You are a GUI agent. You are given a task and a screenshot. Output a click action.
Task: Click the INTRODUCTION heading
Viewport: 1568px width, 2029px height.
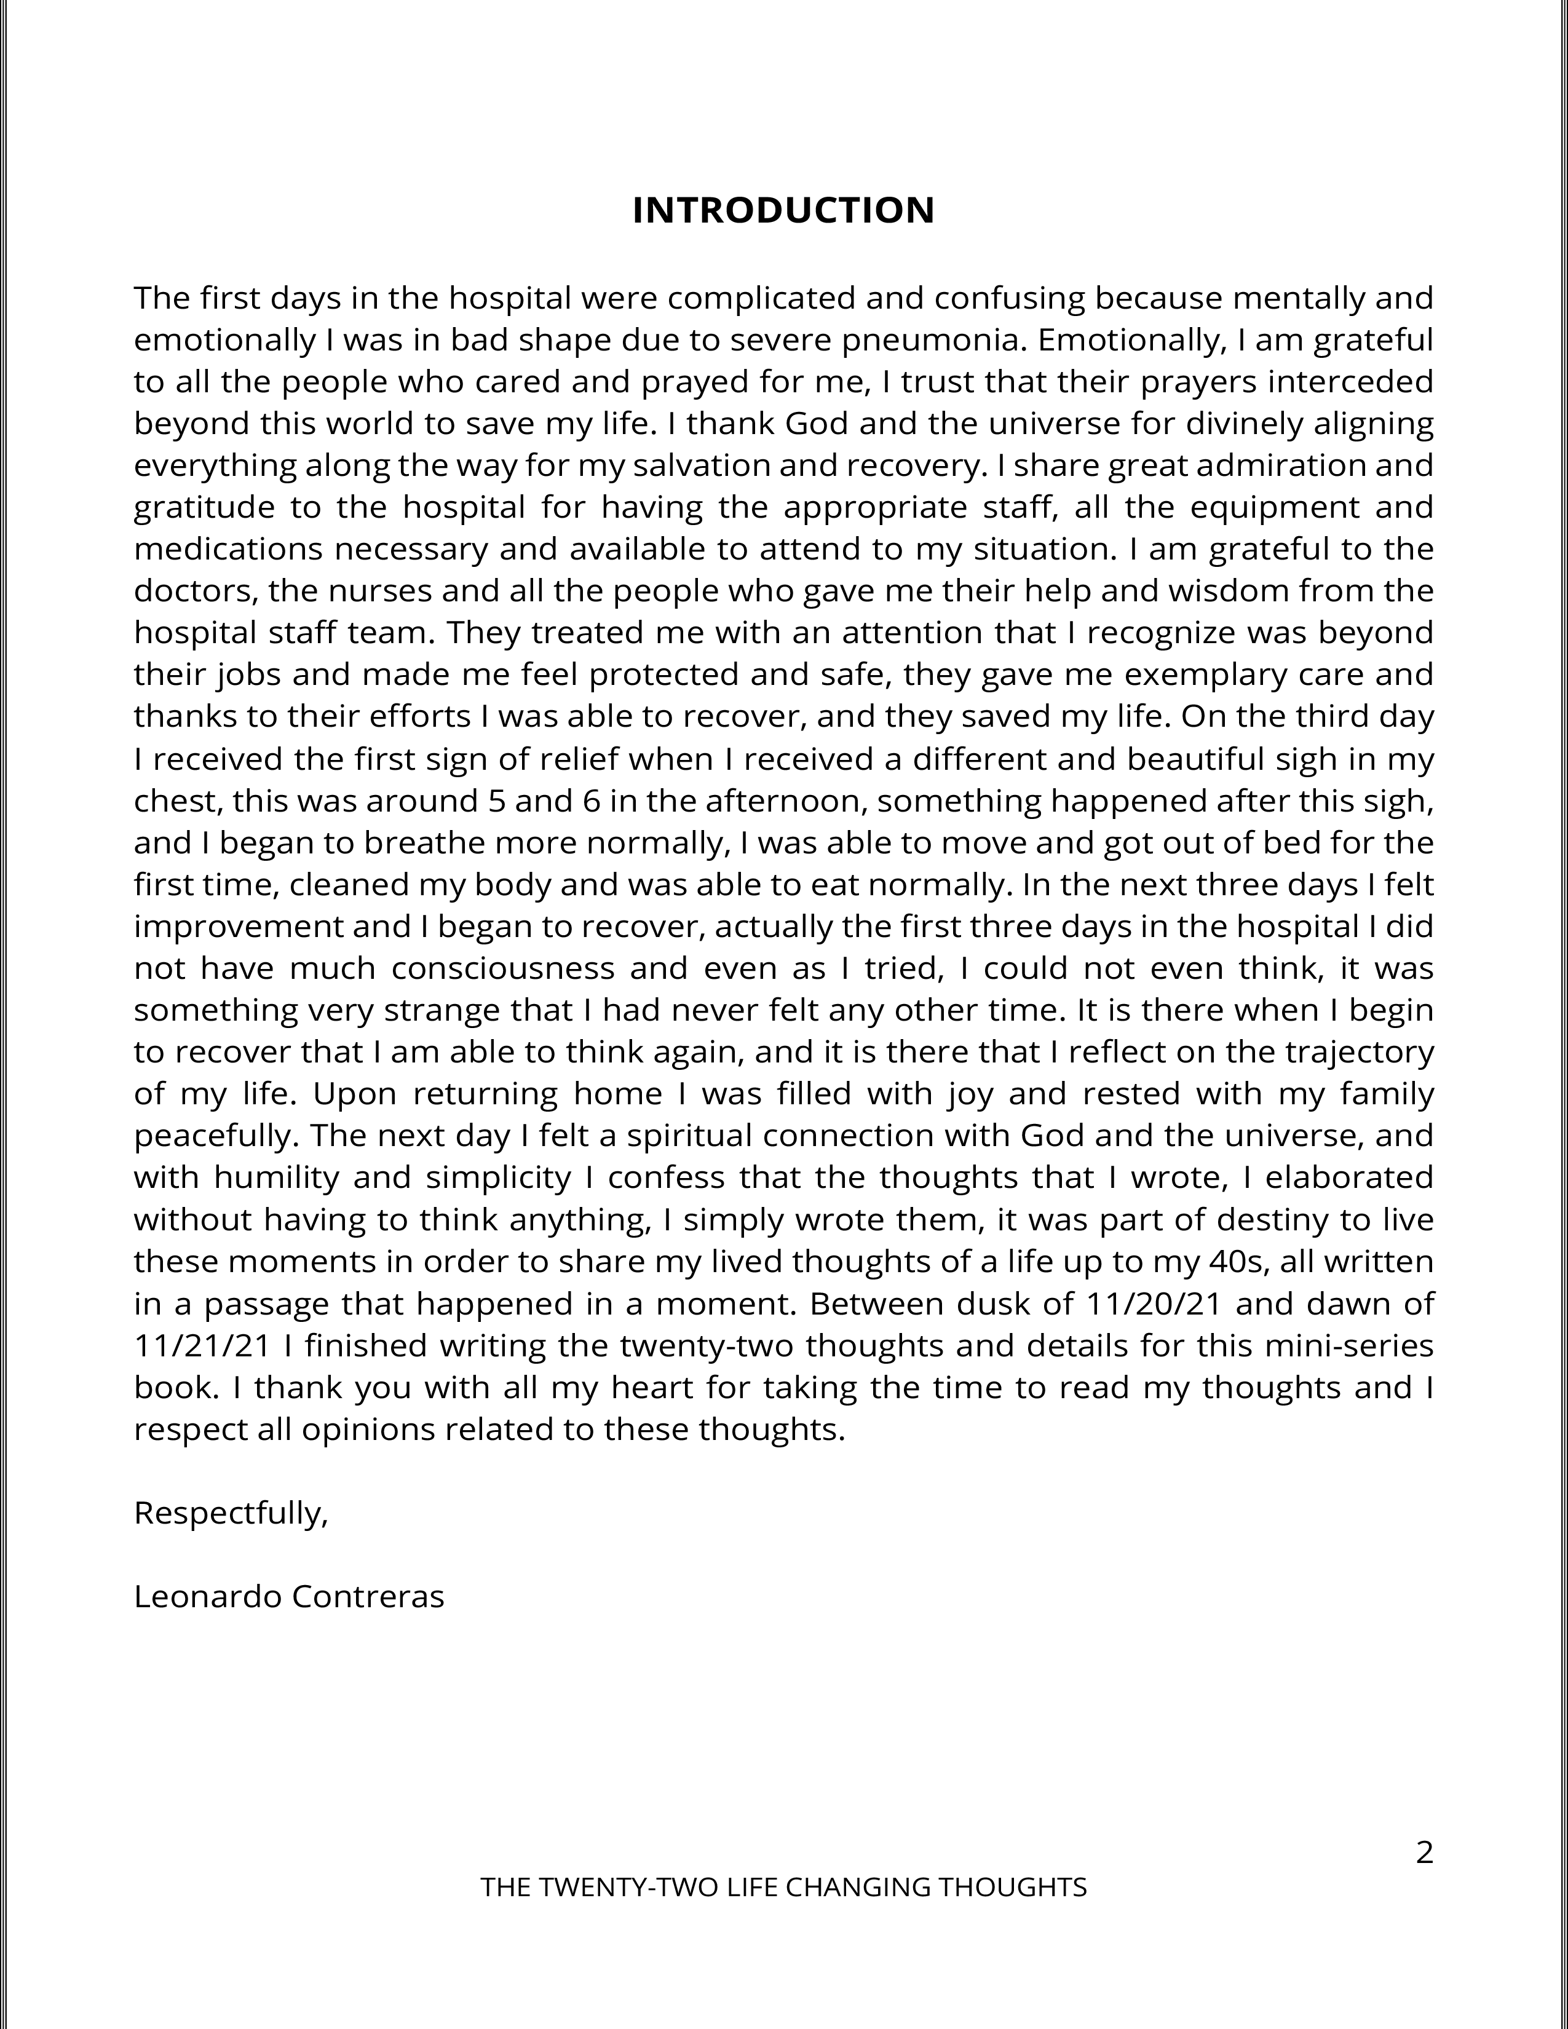(x=783, y=211)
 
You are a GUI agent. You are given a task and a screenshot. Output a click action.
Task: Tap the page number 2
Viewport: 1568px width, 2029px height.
(x=1424, y=1853)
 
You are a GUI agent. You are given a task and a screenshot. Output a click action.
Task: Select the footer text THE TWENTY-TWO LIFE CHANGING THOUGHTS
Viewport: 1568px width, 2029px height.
(x=783, y=1887)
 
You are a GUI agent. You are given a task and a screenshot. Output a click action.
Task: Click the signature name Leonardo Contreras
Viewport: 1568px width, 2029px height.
(x=289, y=1596)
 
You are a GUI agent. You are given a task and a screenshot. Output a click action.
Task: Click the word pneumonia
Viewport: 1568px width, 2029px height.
(x=933, y=340)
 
